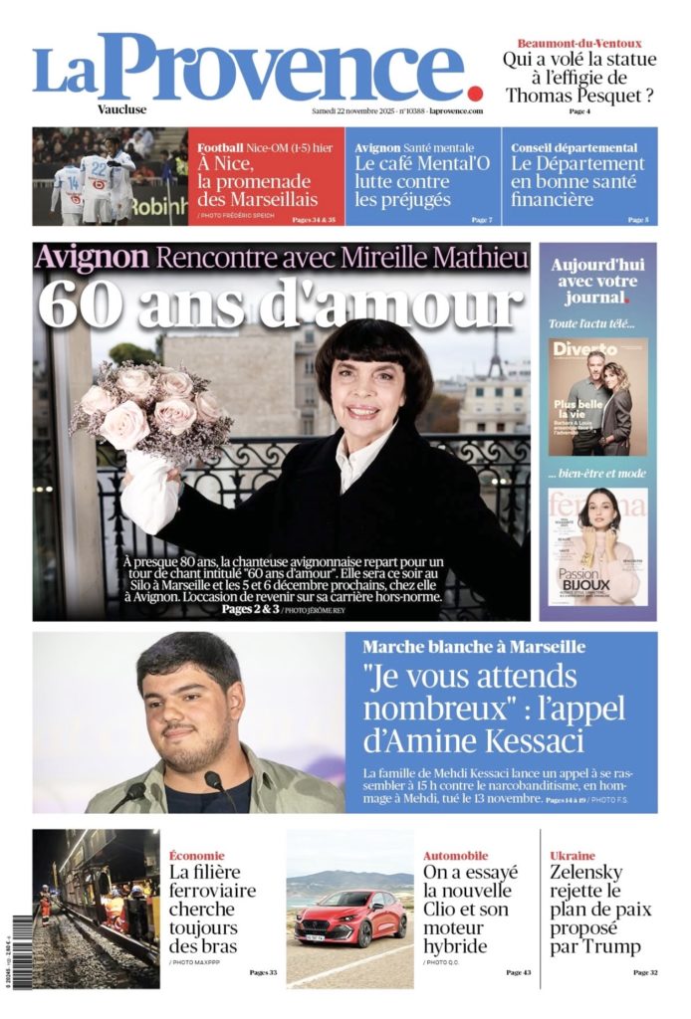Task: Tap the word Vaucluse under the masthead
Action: pos(122,109)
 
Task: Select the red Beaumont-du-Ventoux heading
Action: pos(578,43)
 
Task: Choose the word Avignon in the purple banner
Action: pos(92,258)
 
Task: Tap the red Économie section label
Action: pos(196,855)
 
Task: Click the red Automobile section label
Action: pos(455,855)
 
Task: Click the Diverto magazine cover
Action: pos(597,396)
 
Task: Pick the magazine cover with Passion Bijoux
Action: pos(597,546)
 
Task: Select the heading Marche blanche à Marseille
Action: pos(474,647)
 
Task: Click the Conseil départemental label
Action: pos(575,147)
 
